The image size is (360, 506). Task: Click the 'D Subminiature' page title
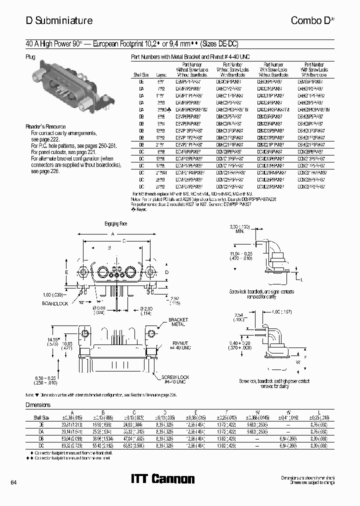pyautogui.click(x=59, y=20)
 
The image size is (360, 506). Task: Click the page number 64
pyautogui.click(x=13, y=482)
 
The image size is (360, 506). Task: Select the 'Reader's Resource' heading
pyautogui.click(x=45, y=127)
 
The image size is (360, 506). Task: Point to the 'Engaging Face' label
pyautogui.click(x=115, y=223)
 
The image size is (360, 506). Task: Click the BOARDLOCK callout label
pyautogui.click(x=55, y=303)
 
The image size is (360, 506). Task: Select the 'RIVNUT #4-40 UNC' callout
pyautogui.click(x=180, y=344)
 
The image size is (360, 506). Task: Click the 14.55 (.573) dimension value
pyautogui.click(x=52, y=341)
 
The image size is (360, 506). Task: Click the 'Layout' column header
pyautogui.click(x=161, y=74)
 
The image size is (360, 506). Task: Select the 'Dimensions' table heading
pyautogui.click(x=38, y=405)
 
